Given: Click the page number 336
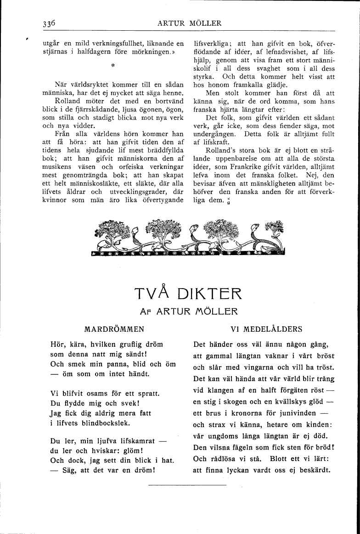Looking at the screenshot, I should [x=48, y=23].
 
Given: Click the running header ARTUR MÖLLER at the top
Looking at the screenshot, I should [x=189, y=23].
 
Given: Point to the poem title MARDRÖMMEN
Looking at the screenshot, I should [x=115, y=329].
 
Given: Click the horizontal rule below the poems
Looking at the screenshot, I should [x=187, y=485].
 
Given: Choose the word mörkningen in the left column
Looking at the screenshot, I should [x=145, y=52].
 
